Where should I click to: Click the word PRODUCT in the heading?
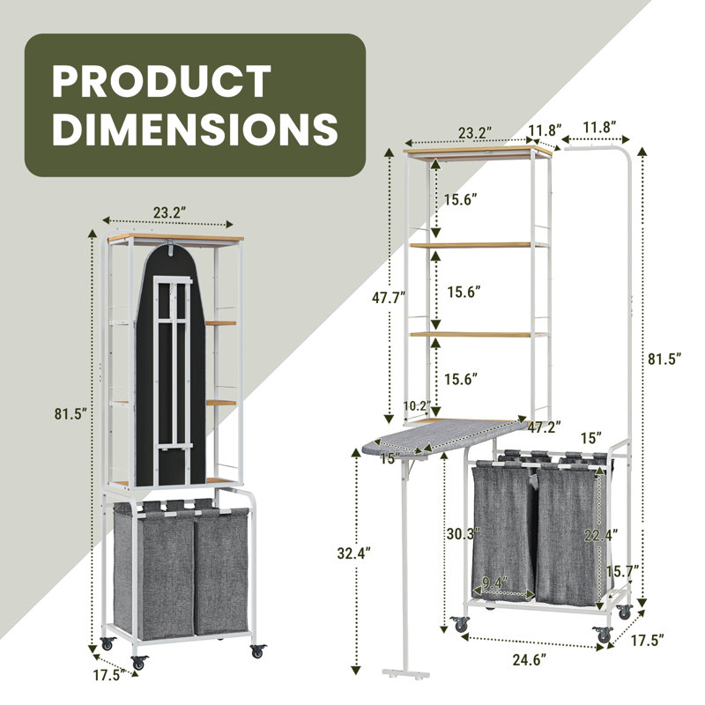tap(161, 81)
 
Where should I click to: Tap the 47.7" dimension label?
tap(389, 298)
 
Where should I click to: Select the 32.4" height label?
tap(354, 553)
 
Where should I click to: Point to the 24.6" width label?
tap(530, 660)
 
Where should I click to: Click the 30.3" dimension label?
tap(464, 534)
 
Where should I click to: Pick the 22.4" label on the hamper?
tap(601, 535)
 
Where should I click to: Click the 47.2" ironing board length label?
tap(545, 427)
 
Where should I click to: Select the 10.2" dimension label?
tap(417, 406)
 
